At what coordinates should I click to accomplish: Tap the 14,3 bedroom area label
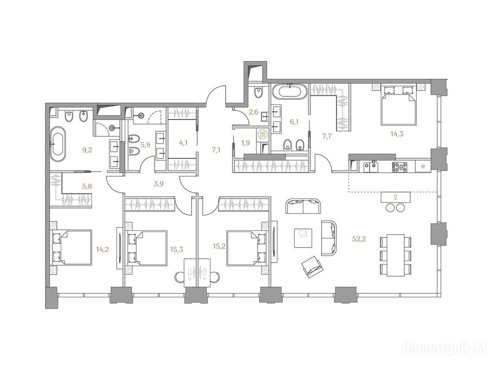397,134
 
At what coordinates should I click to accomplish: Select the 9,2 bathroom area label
87,150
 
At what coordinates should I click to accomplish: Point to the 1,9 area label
246,143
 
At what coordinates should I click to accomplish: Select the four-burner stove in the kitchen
400,166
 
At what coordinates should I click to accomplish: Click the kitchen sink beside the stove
371,166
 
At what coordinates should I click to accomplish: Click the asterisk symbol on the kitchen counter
423,166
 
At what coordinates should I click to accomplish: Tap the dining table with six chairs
396,255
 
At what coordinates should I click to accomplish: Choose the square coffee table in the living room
303,238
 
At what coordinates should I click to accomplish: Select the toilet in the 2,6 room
258,92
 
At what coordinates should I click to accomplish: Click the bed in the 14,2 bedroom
72,247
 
